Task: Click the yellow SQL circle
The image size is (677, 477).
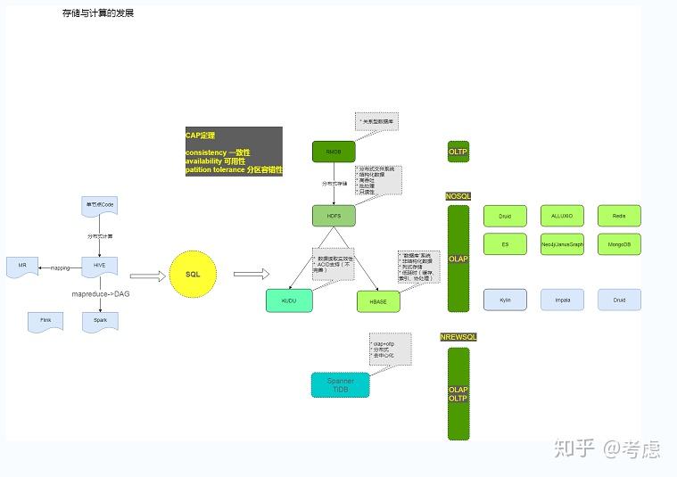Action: coord(193,275)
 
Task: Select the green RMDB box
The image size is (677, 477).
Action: coord(334,152)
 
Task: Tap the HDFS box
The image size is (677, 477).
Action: coord(334,216)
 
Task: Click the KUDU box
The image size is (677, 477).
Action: coord(289,301)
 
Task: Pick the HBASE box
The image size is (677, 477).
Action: coord(378,302)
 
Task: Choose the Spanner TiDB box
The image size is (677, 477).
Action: coord(340,385)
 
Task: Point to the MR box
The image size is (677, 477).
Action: coord(22,267)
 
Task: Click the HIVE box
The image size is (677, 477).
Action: coord(99,267)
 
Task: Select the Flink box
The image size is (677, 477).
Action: coord(45,321)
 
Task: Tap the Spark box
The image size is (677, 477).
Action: coord(99,321)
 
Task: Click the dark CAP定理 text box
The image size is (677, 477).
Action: coord(233,152)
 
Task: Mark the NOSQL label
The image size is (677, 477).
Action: coord(458,196)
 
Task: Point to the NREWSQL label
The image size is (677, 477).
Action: coord(458,337)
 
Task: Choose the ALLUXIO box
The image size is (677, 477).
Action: coord(562,216)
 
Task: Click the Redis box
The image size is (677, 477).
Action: coord(619,216)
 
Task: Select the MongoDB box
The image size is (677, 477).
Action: coord(619,243)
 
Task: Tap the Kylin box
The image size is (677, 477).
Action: coord(505,300)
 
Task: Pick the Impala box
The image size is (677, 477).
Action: coord(562,300)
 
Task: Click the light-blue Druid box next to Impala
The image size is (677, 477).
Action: coord(619,300)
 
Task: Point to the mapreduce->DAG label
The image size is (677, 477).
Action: coord(101,293)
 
